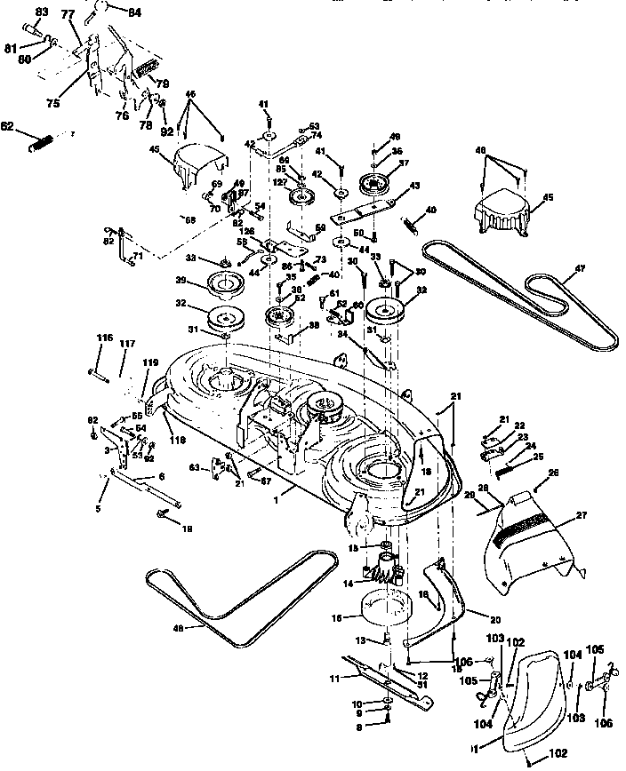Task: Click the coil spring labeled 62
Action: click(41, 140)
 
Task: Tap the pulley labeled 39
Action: click(226, 285)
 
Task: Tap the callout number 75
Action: click(53, 103)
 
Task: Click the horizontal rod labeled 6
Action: click(147, 488)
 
